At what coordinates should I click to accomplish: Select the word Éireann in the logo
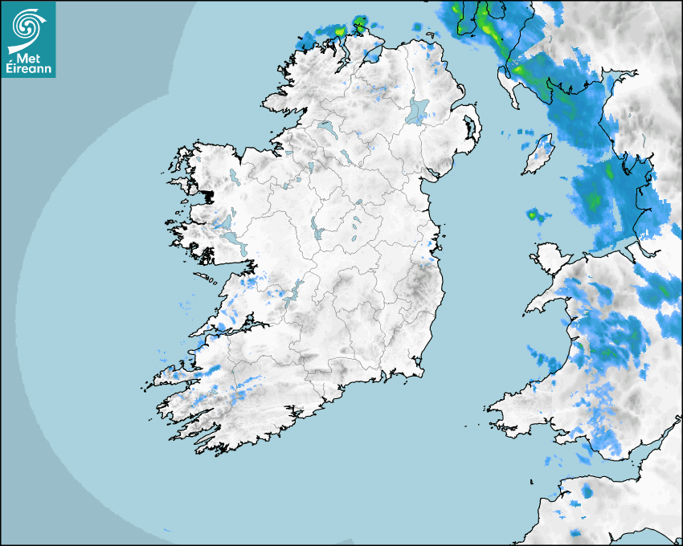click(29, 68)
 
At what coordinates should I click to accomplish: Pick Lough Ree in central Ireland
click(317, 228)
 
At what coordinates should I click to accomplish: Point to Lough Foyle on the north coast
click(372, 55)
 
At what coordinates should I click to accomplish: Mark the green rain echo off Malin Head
click(340, 31)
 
